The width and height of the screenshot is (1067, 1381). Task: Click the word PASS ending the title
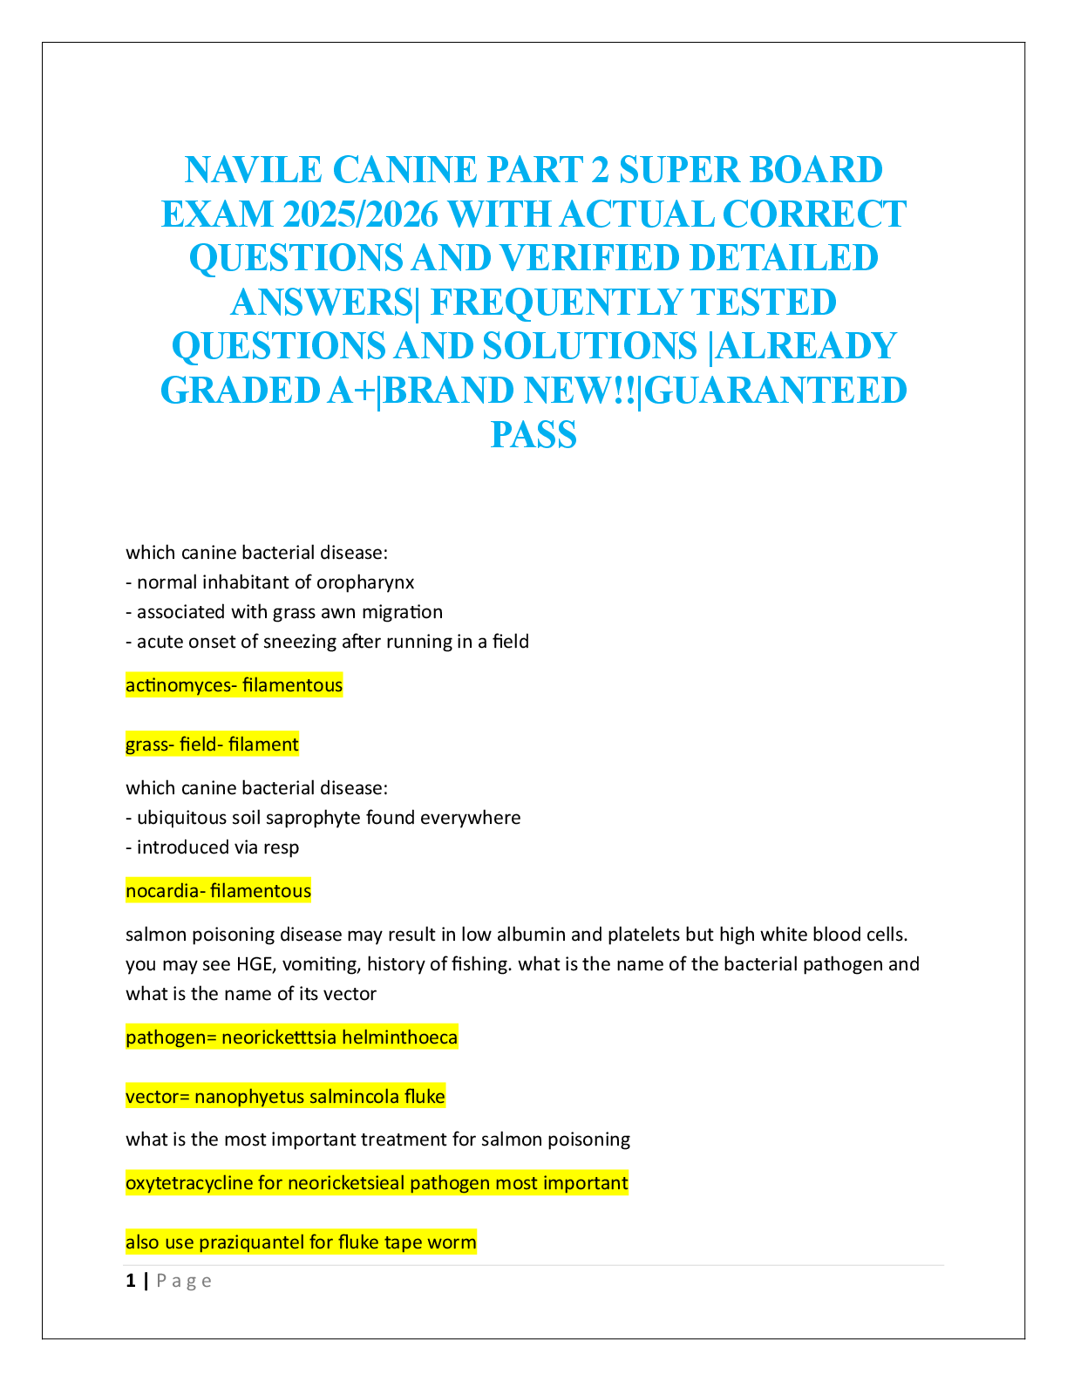(x=533, y=434)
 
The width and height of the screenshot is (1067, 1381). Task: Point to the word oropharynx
(x=365, y=582)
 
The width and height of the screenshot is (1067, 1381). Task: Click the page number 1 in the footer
(x=131, y=1281)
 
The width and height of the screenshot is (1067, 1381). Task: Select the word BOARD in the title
(x=818, y=169)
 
